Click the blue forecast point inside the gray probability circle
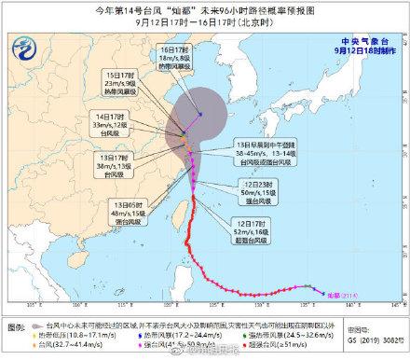point(200,115)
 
